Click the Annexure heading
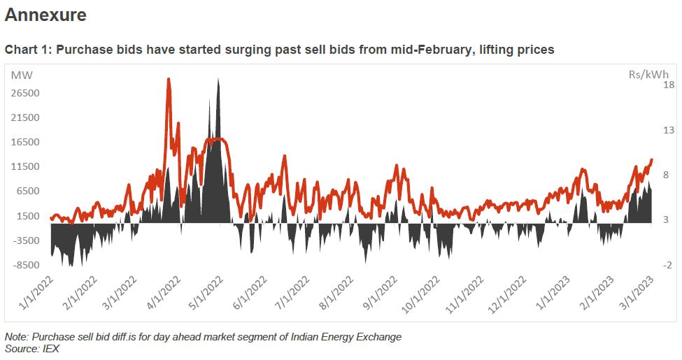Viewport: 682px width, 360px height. [x=45, y=15]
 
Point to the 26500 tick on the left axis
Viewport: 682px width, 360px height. [x=24, y=93]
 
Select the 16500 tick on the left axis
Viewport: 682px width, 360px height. [x=24, y=142]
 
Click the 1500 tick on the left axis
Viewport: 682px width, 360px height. [x=26, y=216]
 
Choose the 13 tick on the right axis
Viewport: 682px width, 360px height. [x=668, y=130]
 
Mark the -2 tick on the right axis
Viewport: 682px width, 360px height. [x=668, y=265]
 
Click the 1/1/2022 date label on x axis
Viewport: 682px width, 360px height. [x=33, y=296]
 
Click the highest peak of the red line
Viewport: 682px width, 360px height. [x=169, y=79]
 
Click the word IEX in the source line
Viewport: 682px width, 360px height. [x=50, y=347]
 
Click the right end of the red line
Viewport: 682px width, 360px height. [x=652, y=160]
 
